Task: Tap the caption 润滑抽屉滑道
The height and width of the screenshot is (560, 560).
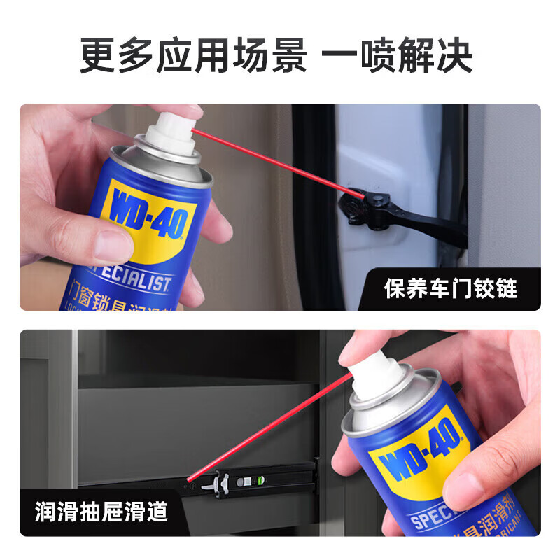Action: click(101, 512)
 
